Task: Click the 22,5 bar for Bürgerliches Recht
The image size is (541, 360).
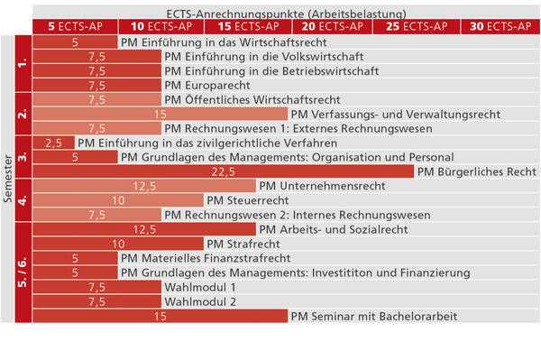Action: coord(223,171)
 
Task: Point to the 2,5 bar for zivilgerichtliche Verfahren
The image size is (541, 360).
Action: coord(53,143)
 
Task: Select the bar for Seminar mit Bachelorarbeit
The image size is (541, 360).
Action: coord(160,316)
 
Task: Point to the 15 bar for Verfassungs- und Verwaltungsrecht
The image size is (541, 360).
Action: coord(160,114)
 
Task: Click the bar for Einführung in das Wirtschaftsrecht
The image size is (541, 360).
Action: coord(75,42)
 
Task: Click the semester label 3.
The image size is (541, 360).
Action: coord(23,157)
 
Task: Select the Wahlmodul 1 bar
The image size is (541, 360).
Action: coord(96,287)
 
